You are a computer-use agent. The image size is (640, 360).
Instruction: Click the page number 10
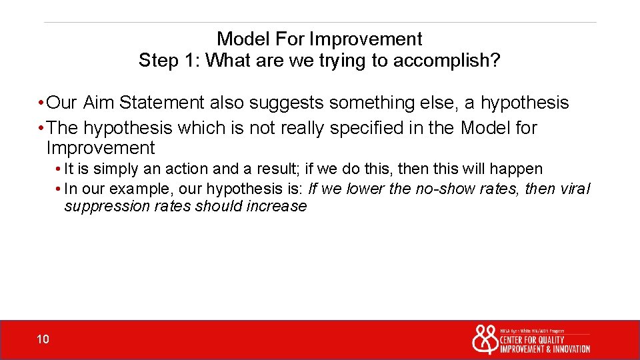[43, 340]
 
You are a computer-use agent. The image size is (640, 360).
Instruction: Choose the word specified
[365, 127]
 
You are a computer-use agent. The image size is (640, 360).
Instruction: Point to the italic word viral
[574, 189]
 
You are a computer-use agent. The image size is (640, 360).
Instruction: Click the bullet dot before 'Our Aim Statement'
[41, 103]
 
